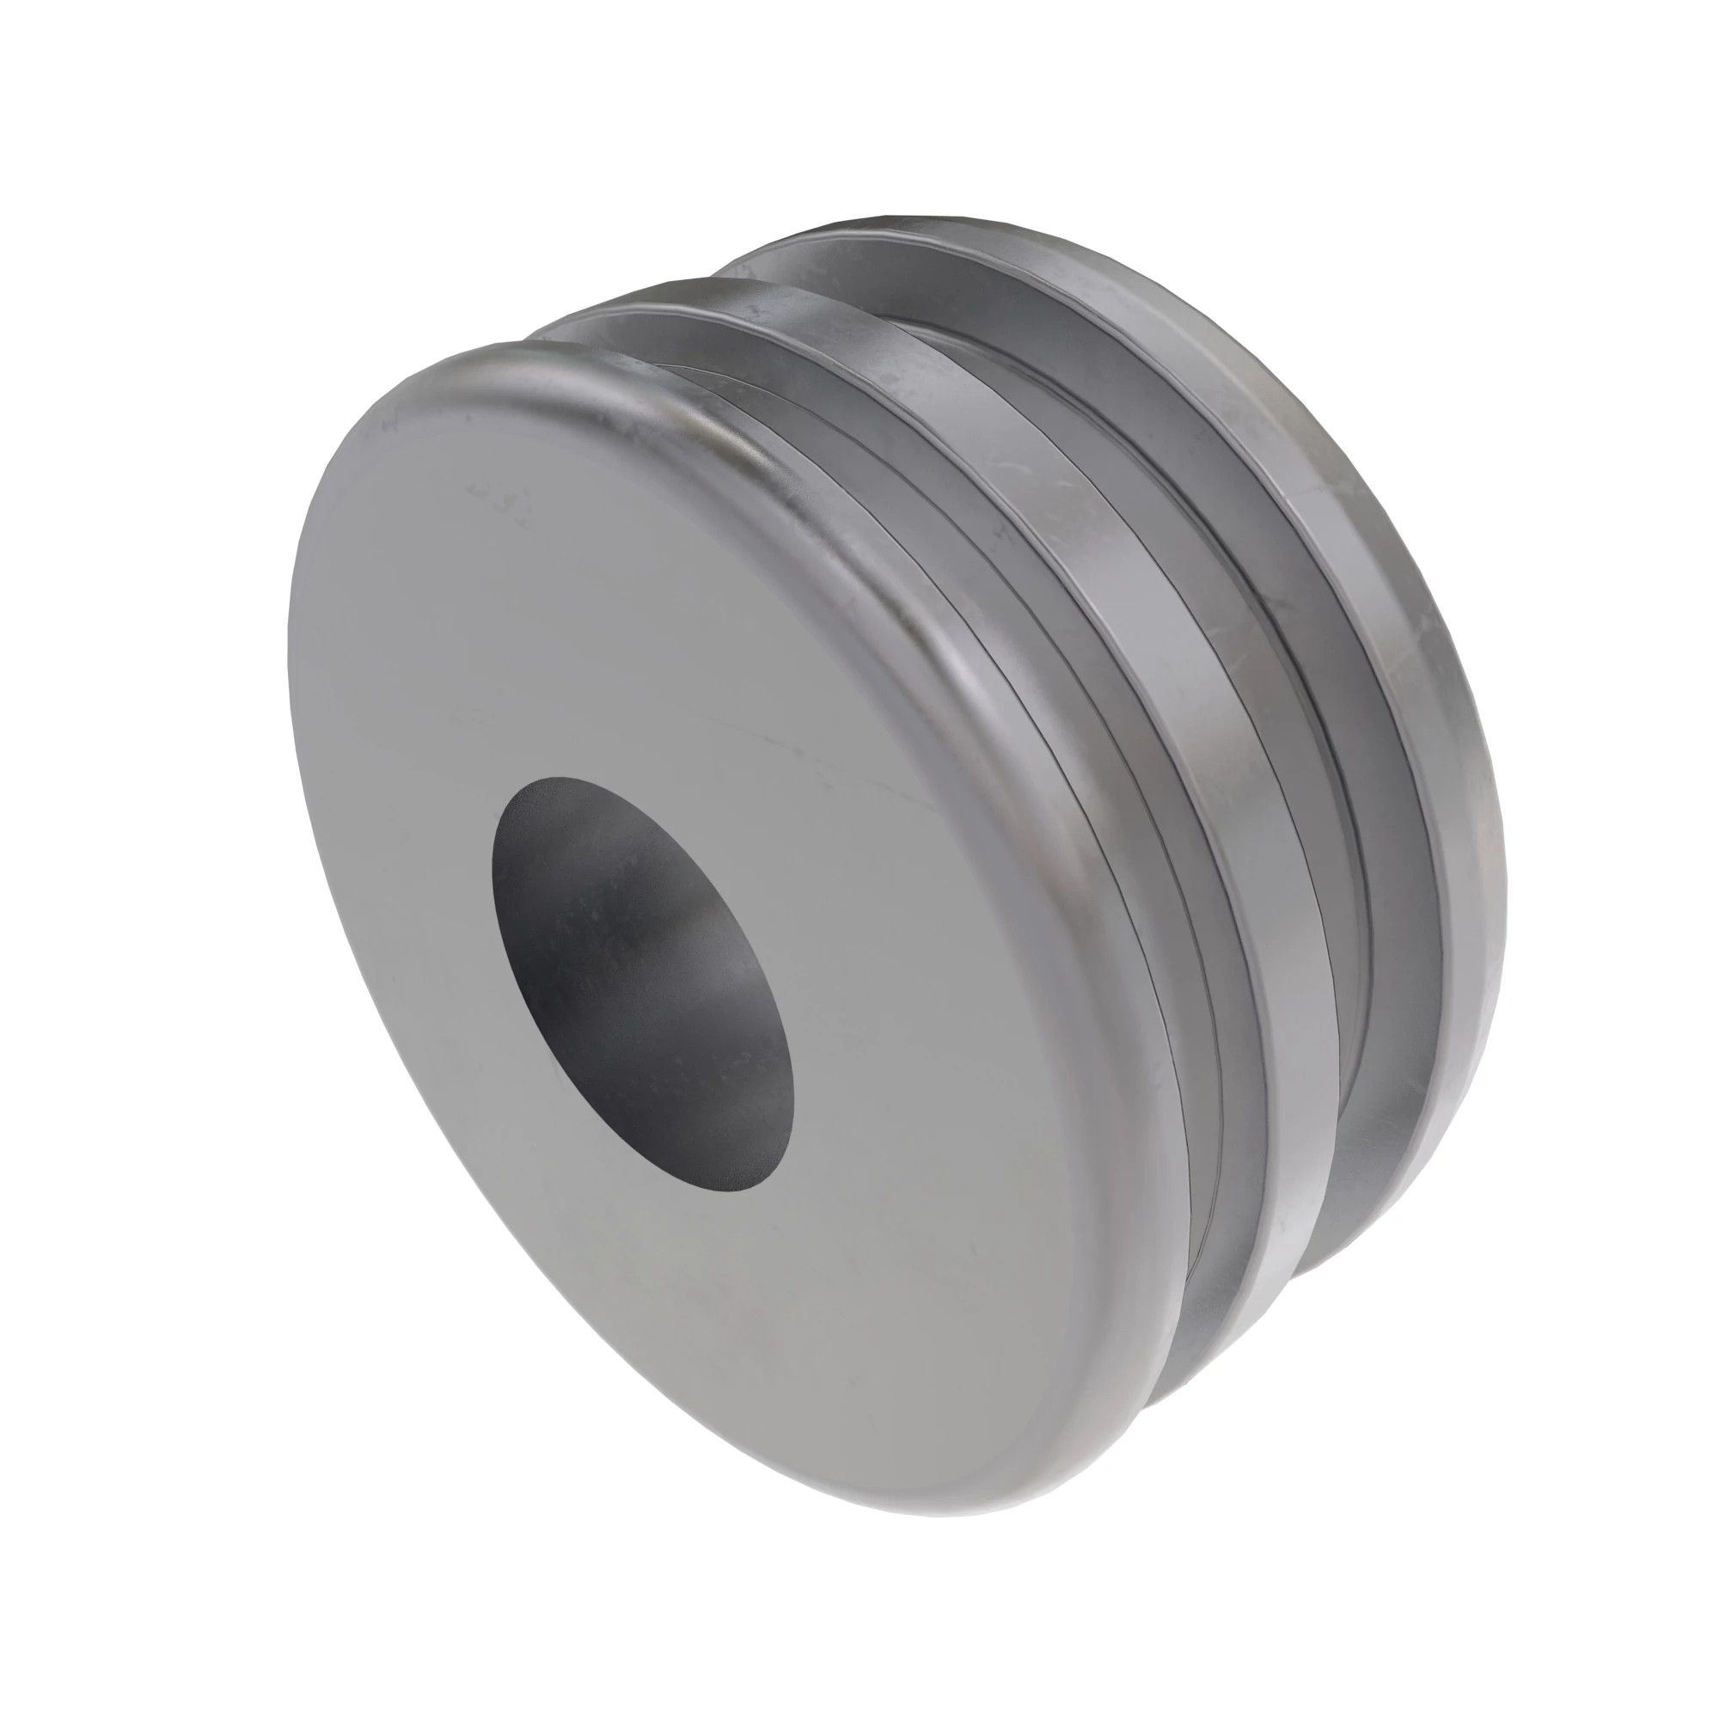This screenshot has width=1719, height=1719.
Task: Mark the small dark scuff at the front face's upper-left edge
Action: pos(388,425)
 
